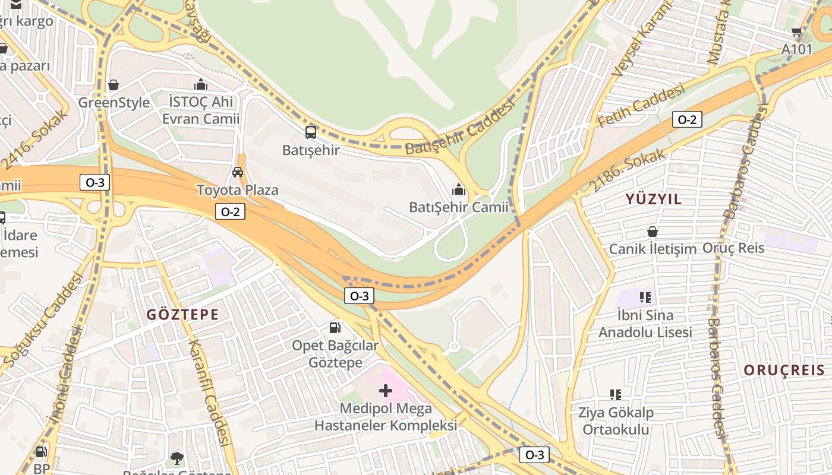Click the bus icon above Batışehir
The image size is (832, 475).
pyautogui.click(x=311, y=132)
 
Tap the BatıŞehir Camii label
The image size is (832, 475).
pyautogui.click(x=458, y=207)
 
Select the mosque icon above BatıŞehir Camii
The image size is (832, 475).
pyautogui.click(x=459, y=189)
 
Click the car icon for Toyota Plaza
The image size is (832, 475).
pyautogui.click(x=238, y=172)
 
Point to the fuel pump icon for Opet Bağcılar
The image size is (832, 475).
pyautogui.click(x=335, y=327)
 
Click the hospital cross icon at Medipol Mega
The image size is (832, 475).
pyautogui.click(x=386, y=390)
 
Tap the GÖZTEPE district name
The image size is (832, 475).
pyautogui.click(x=182, y=315)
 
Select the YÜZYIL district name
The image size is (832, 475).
pyautogui.click(x=653, y=199)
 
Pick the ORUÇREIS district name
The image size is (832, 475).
pyautogui.click(x=784, y=370)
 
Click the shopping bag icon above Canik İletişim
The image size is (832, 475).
pyautogui.click(x=653, y=231)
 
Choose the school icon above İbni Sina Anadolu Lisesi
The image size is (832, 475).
pyautogui.click(x=645, y=296)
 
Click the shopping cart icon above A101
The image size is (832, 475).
pyautogui.click(x=796, y=31)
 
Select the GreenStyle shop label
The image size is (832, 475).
pyautogui.click(x=114, y=103)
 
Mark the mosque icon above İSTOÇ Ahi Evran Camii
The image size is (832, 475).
pyautogui.click(x=201, y=84)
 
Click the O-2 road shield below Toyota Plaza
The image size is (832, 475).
pyautogui.click(x=230, y=211)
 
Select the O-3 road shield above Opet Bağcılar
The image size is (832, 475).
pyautogui.click(x=359, y=296)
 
